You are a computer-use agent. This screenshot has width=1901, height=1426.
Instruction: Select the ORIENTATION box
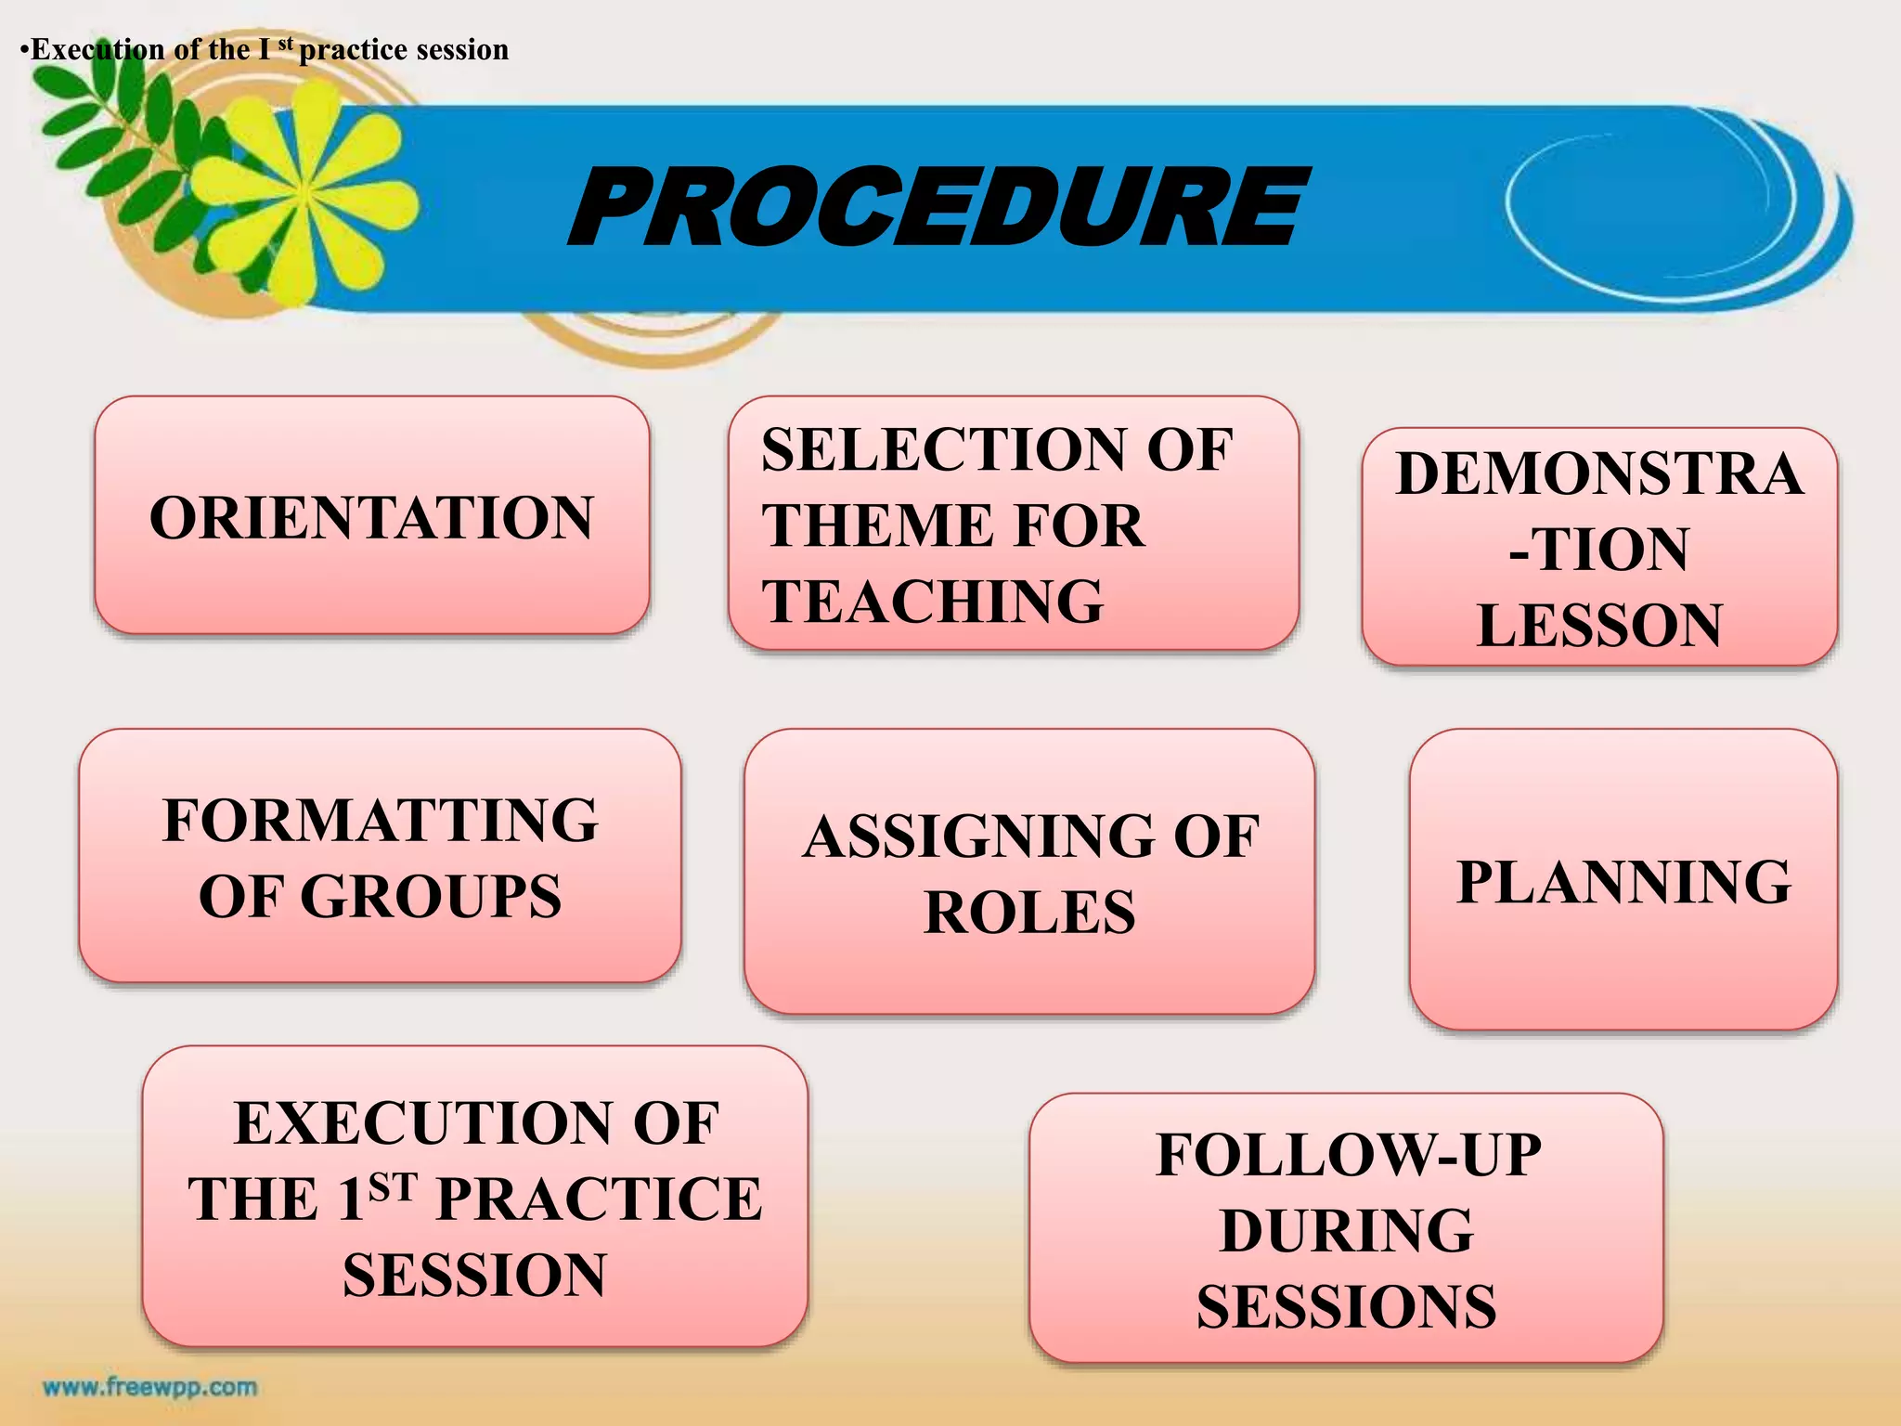371,516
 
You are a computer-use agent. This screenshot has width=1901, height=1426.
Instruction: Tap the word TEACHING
933,601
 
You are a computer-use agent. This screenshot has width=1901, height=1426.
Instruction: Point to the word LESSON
1599,625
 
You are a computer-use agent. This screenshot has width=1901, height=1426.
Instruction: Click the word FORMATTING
381,821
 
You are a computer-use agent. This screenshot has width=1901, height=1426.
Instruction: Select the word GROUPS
431,897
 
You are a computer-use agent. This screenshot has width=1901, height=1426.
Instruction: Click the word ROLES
1029,912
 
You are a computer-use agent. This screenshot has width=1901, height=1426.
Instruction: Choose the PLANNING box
1623,880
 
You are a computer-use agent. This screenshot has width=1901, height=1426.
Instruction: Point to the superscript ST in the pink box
393,1186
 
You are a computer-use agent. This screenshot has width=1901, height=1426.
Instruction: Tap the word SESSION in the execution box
474,1275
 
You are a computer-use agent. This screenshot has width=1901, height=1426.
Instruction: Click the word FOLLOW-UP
1348,1155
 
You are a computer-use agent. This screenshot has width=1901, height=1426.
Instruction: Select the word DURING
1346,1231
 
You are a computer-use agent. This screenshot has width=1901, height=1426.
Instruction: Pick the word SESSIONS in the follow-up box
1346,1307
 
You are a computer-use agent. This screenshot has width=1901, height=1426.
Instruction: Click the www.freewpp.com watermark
150,1387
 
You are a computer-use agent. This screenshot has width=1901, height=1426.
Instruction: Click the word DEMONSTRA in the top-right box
1599,473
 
